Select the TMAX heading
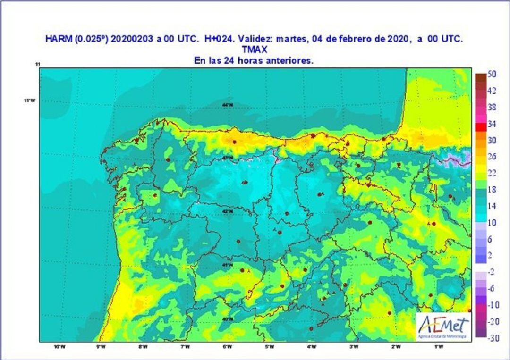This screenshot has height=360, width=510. pyautogui.click(x=255, y=50)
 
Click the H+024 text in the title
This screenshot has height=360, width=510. pyautogui.click(x=220, y=40)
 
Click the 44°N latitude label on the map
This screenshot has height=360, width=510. pyautogui.click(x=228, y=105)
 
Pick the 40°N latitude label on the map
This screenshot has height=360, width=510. pyautogui.click(x=228, y=318)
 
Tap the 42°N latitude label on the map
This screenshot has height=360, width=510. pyautogui.click(x=228, y=211)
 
